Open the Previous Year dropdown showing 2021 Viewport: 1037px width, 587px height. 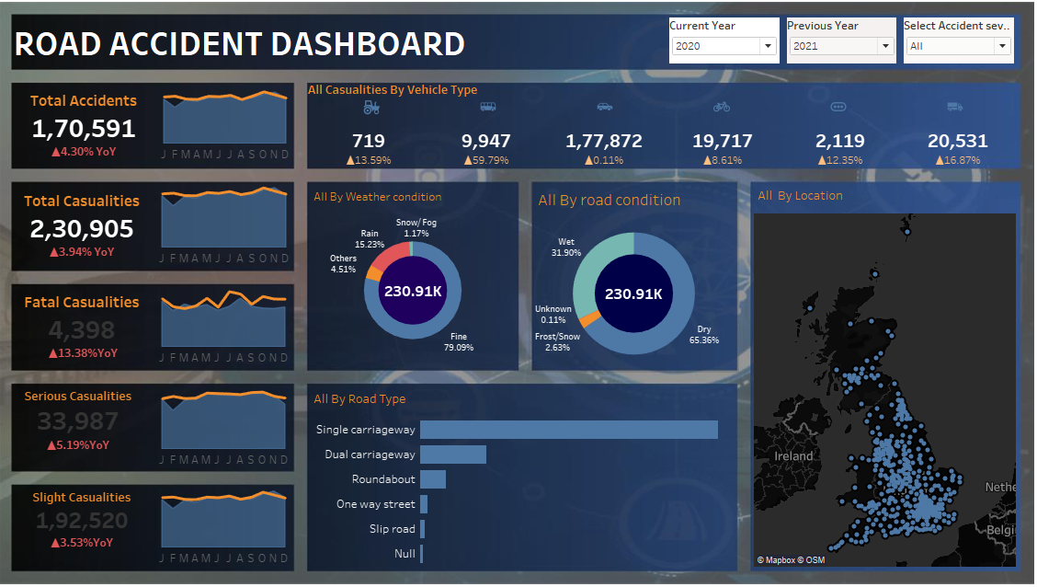click(x=841, y=46)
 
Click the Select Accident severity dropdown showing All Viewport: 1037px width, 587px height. click(x=958, y=46)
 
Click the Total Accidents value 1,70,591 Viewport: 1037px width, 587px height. click(x=83, y=129)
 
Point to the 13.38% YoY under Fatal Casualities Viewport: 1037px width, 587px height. click(x=83, y=353)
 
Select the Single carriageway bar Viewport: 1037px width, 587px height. click(x=568, y=430)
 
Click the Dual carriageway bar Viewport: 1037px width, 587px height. click(x=452, y=455)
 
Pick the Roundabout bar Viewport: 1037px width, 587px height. click(x=432, y=479)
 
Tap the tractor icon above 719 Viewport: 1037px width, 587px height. click(x=370, y=108)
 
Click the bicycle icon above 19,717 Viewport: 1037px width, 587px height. click(x=722, y=108)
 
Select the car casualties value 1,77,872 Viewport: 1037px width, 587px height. click(x=603, y=141)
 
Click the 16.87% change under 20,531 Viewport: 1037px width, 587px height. click(x=957, y=160)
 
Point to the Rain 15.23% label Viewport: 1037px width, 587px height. click(x=369, y=239)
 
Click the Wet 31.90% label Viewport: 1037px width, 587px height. click(x=565, y=247)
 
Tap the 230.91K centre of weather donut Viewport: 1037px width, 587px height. click(x=412, y=290)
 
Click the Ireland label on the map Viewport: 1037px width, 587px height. click(x=793, y=456)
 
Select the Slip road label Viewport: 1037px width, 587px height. click(x=392, y=529)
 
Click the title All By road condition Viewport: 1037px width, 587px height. click(x=609, y=201)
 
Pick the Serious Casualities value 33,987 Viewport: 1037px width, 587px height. click(x=77, y=421)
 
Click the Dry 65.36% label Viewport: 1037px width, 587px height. click(x=703, y=334)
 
